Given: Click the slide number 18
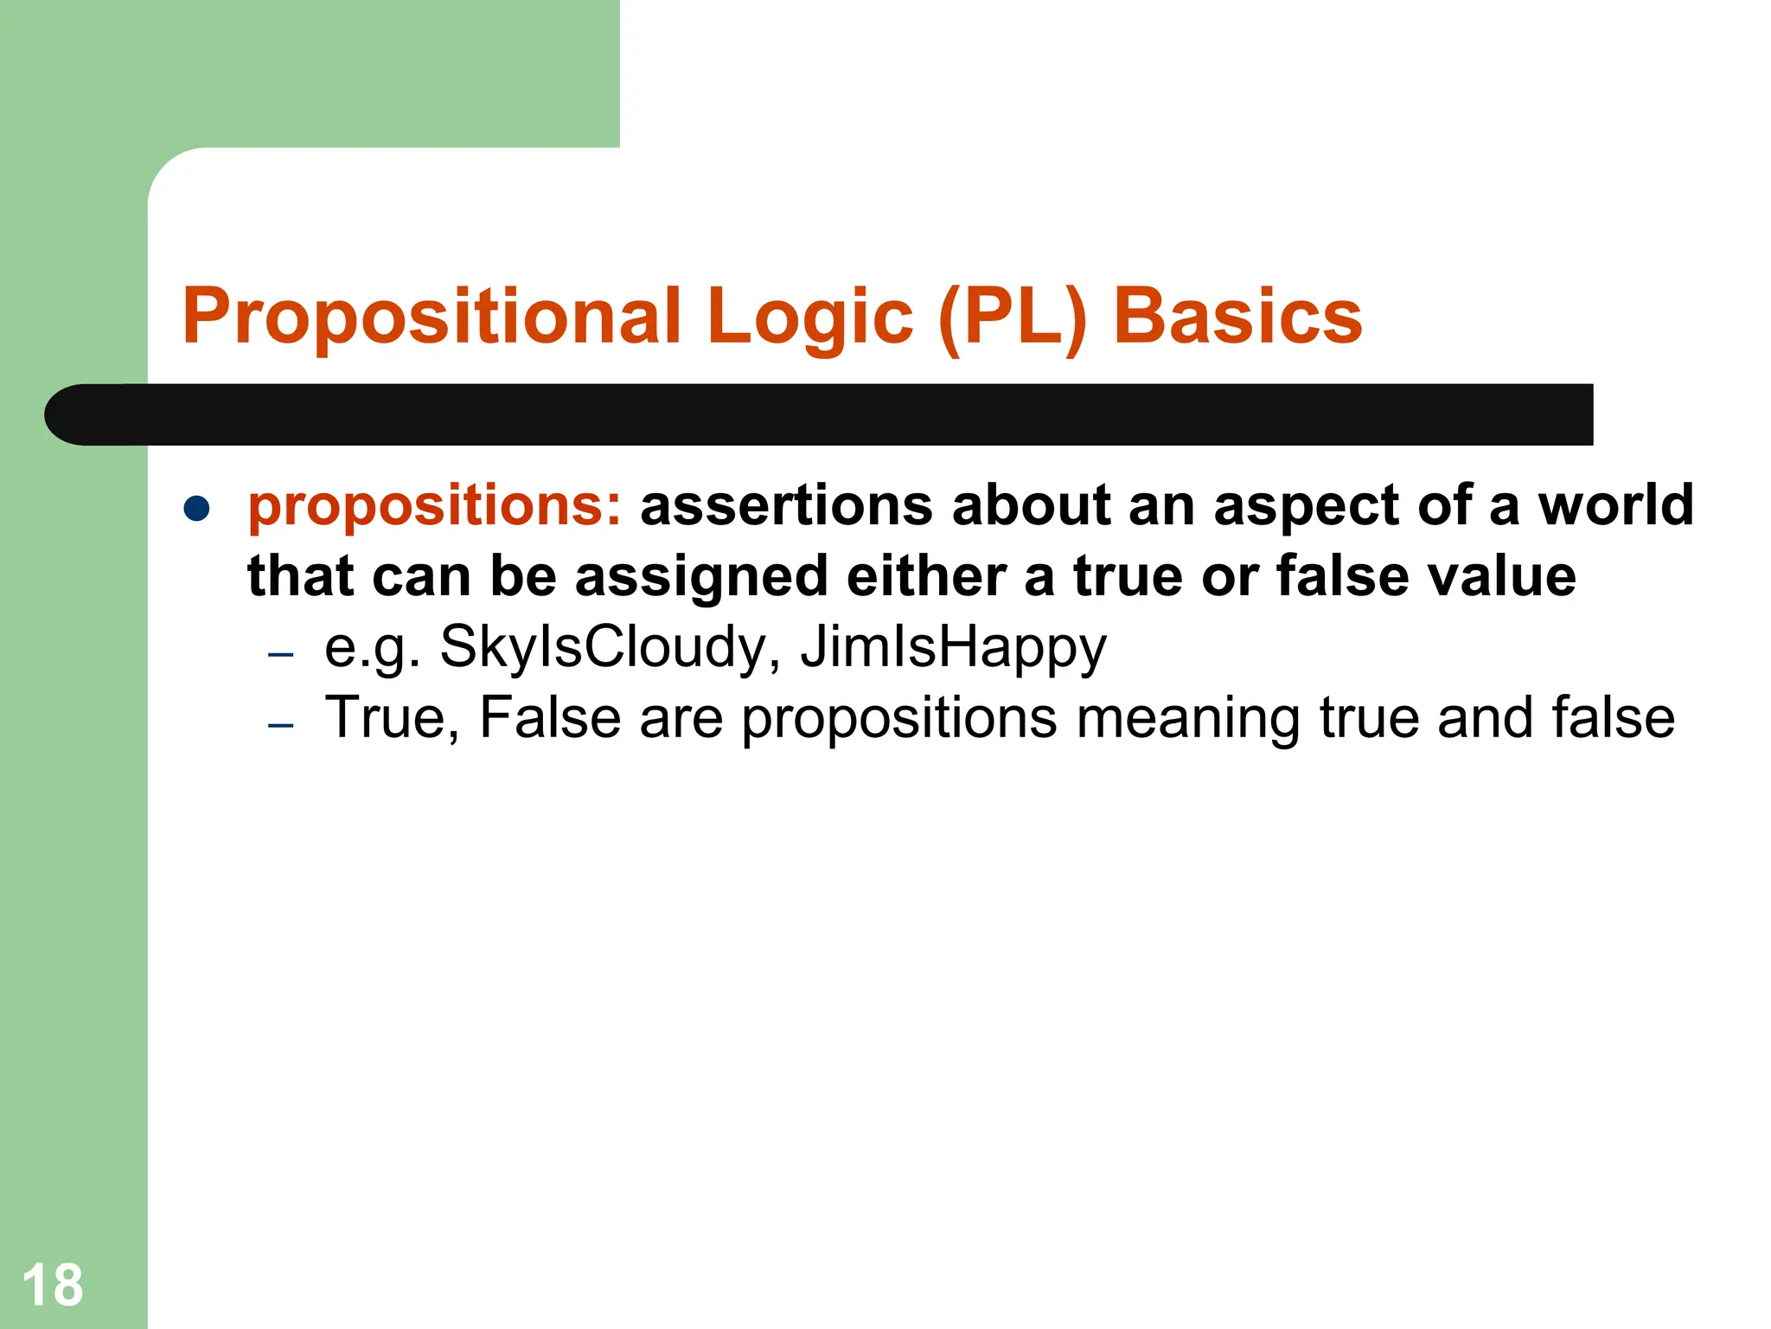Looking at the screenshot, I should [x=53, y=1286].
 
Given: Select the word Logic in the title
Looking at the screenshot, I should [x=809, y=317].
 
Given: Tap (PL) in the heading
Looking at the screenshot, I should [x=1012, y=317].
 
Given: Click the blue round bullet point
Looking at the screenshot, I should [x=197, y=509].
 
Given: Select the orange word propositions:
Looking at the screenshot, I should [x=434, y=507].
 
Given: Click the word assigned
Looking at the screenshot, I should [x=701, y=578].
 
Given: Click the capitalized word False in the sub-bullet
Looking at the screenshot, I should [x=550, y=718].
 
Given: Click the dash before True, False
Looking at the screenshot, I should [x=281, y=724].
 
